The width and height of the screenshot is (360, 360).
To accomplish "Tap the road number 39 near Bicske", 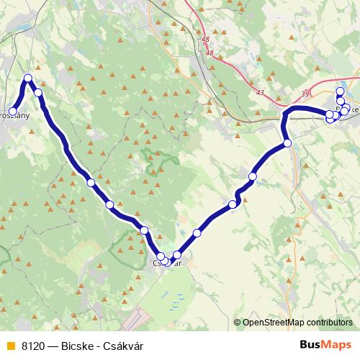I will pos(305,94).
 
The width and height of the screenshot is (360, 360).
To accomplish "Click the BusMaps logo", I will pos(327,345).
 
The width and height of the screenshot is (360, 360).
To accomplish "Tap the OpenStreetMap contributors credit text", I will pos(297,323).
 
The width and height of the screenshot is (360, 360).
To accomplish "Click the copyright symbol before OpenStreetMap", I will pos(237,323).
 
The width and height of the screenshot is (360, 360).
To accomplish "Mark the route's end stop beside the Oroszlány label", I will pos(13,111).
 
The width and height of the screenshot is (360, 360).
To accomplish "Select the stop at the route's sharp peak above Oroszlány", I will pos(28,78).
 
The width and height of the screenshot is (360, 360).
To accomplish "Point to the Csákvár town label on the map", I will pos(166,264).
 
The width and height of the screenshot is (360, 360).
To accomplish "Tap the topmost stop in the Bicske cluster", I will pos(341,91).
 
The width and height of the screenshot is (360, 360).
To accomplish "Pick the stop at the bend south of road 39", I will pos(287,143).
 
